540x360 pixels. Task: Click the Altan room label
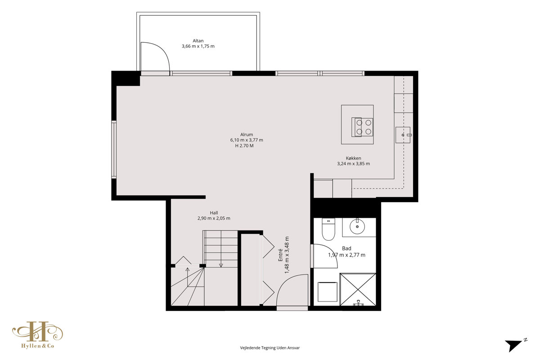[x=198, y=41]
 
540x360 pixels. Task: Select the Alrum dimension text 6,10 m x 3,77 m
[x=247, y=140]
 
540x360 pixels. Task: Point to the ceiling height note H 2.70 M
[x=244, y=146]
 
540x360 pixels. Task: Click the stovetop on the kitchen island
[x=362, y=127]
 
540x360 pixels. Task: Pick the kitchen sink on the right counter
[x=403, y=135]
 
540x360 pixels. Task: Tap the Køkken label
[x=353, y=158]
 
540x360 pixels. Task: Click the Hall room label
[x=214, y=213]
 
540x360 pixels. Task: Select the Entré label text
[x=280, y=255]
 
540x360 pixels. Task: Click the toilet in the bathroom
[x=328, y=229]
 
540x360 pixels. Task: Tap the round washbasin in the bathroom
[x=357, y=226]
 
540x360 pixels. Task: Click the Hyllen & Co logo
[x=38, y=335]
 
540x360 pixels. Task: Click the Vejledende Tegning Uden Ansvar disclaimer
[x=270, y=348]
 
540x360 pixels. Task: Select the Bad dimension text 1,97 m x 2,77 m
[x=346, y=255]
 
